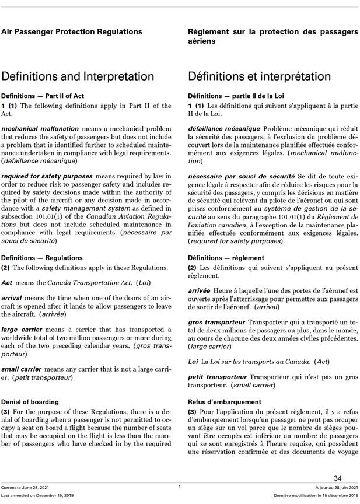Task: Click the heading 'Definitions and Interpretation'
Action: pyautogui.click(x=78, y=76)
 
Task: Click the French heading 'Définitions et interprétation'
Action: pyautogui.click(x=259, y=76)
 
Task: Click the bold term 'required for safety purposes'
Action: pyautogui.click(x=47, y=176)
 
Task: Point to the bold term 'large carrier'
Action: pyautogui.click(x=22, y=330)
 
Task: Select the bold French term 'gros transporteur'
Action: pyautogui.click(x=216, y=322)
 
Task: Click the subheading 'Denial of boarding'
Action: pyautogui.click(x=30, y=402)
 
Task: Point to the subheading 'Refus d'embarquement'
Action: pyautogui.click(x=225, y=402)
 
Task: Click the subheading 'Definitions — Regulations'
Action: pyautogui.click(x=42, y=258)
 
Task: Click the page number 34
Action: pyautogui.click(x=338, y=478)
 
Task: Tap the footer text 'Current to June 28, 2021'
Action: pyautogui.click(x=26, y=487)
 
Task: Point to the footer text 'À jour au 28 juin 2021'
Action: pyautogui.click(x=337, y=487)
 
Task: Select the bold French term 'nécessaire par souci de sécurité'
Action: pyautogui.click(x=241, y=176)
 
